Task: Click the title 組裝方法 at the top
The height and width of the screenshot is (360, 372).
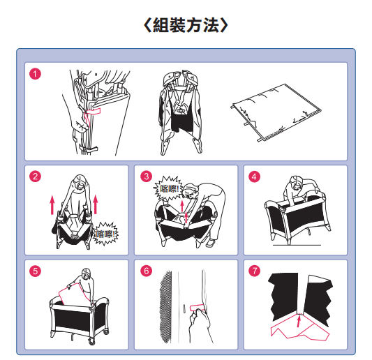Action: (x=186, y=25)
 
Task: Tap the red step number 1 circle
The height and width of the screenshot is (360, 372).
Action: (x=35, y=74)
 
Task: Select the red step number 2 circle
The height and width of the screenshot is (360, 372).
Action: (x=35, y=177)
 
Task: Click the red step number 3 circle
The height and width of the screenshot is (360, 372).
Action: (x=146, y=177)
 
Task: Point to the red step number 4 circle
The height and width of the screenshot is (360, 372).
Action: (x=254, y=177)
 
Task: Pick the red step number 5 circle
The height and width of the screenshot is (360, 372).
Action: (x=35, y=271)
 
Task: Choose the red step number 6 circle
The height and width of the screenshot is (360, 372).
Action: (x=146, y=271)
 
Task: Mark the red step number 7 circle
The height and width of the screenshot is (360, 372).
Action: (x=254, y=271)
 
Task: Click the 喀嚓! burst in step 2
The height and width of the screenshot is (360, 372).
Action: (x=106, y=234)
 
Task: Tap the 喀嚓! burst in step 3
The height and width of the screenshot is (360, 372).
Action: (x=168, y=188)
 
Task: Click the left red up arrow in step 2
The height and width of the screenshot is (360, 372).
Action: (x=52, y=204)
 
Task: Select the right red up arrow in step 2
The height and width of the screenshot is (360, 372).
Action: (x=96, y=204)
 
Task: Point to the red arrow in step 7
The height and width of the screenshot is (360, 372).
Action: (x=299, y=320)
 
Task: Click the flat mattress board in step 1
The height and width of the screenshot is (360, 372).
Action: (x=276, y=112)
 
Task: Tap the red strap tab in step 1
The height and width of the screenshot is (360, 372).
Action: (x=94, y=112)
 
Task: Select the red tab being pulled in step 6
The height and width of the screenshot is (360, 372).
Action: (x=197, y=308)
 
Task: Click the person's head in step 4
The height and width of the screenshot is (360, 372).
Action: (x=296, y=182)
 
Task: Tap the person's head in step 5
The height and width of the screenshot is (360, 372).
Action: (x=86, y=274)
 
